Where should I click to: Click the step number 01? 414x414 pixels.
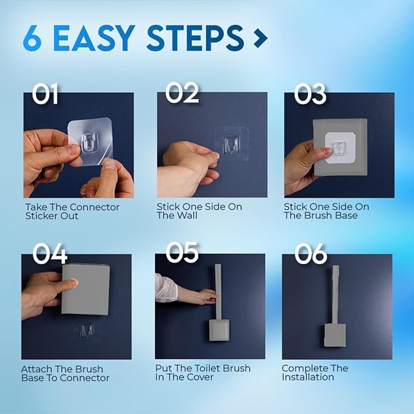coord(46,94)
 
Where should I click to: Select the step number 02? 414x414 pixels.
coord(182,93)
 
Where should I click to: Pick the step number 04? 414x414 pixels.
coord(49,254)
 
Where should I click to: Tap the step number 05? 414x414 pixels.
coord(182,253)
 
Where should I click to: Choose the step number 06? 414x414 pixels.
coord(310,254)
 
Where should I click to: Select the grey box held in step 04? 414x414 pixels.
coord(86,290)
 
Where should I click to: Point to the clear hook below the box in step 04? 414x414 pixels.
coord(87,330)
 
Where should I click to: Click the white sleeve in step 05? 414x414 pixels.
coord(165,288)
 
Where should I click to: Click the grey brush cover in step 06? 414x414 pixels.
coord(335,334)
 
